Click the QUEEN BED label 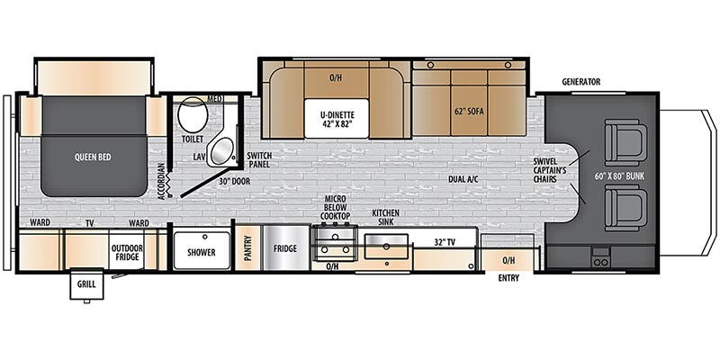[x=94, y=157]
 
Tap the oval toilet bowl [x=193, y=115]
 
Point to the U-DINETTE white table [x=337, y=118]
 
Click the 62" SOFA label [x=469, y=111]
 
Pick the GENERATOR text [x=580, y=82]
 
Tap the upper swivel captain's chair [x=625, y=142]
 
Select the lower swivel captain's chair [x=625, y=208]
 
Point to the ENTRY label [x=508, y=278]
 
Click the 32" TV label [x=445, y=242]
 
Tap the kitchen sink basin [x=387, y=247]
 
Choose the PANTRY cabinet [x=248, y=248]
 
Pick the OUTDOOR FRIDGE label [x=127, y=252]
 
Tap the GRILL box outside [x=86, y=283]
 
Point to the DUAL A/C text [x=463, y=179]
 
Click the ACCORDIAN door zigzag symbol [x=170, y=184]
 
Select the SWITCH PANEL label [x=258, y=159]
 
